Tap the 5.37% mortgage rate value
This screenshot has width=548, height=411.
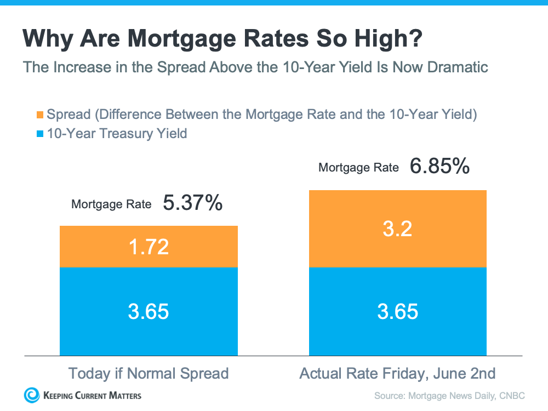coord(192,203)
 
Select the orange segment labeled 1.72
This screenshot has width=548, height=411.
coord(149,247)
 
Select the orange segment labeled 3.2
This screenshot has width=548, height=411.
coord(398,229)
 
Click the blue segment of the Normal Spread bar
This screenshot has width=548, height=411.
coord(149,311)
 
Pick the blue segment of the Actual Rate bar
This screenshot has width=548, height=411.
coord(398,311)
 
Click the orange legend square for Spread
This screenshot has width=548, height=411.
coord(39,115)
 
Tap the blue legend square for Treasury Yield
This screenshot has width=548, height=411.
coord(39,133)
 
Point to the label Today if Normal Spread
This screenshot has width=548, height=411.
coord(148,374)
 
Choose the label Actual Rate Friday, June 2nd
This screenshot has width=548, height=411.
coord(397,374)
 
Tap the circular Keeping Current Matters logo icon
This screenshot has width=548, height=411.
coord(32,395)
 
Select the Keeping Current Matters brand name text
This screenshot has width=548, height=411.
coord(92,395)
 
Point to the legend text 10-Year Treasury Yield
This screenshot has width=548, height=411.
coord(117,133)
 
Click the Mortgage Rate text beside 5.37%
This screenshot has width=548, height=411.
coord(111,204)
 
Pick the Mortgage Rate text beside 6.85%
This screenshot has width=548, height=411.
coord(358,168)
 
